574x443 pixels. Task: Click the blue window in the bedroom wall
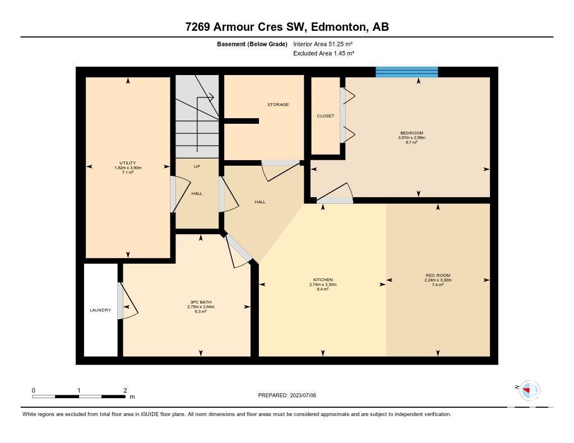pyautogui.click(x=407, y=72)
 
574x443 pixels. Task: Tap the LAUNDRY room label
pyautogui.click(x=100, y=310)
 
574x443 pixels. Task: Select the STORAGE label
pyautogui.click(x=278, y=105)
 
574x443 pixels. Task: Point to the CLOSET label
pyautogui.click(x=326, y=116)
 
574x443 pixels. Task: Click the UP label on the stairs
pyautogui.click(x=197, y=166)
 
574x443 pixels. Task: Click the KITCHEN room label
pyautogui.click(x=323, y=280)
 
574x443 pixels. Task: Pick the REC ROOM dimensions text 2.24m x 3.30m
pyautogui.click(x=438, y=280)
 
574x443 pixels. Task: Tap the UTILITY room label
pyautogui.click(x=128, y=163)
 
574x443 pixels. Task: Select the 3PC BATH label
pyautogui.click(x=201, y=302)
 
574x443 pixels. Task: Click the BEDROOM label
pyautogui.click(x=412, y=133)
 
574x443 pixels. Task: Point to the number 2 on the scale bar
pyautogui.click(x=125, y=390)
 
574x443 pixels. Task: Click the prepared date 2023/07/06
pyautogui.click(x=303, y=395)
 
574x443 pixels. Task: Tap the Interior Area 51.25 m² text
pyautogui.click(x=323, y=44)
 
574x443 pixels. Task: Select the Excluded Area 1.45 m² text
pyautogui.click(x=323, y=53)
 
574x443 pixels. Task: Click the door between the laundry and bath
pyautogui.click(x=127, y=300)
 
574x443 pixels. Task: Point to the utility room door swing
pyautogui.click(x=180, y=194)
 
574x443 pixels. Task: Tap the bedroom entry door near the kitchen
pyautogui.click(x=335, y=192)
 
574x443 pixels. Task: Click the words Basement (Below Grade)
pyautogui.click(x=252, y=44)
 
